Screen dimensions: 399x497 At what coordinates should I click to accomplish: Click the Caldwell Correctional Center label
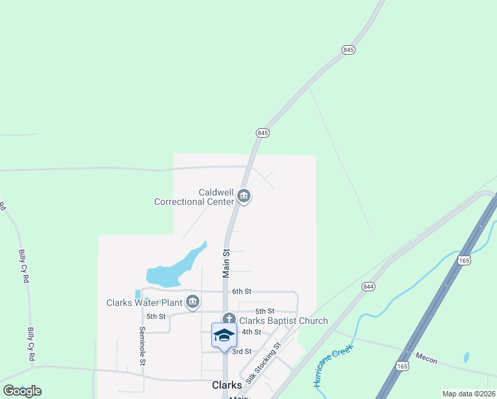click(x=194, y=196)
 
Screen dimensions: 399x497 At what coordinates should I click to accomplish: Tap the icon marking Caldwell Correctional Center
click(x=244, y=196)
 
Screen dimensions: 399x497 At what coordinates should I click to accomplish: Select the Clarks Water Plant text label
click(x=144, y=303)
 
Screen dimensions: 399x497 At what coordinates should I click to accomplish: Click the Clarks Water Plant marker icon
click(x=193, y=303)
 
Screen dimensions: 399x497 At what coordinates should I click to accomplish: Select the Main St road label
click(x=226, y=263)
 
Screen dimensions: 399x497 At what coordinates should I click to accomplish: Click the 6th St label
click(x=242, y=291)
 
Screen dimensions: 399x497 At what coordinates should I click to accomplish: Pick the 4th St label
click(x=251, y=332)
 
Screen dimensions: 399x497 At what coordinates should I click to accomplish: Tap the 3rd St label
click(x=242, y=351)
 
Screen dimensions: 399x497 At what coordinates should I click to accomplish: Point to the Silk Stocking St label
click(x=264, y=362)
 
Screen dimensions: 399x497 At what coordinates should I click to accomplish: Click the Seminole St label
click(x=142, y=346)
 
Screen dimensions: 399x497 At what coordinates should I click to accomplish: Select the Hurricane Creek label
click(x=332, y=366)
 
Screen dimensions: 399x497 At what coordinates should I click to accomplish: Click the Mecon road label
click(x=427, y=360)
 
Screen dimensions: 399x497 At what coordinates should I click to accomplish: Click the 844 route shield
click(x=369, y=286)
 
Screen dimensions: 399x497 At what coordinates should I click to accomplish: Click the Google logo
click(x=22, y=391)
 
